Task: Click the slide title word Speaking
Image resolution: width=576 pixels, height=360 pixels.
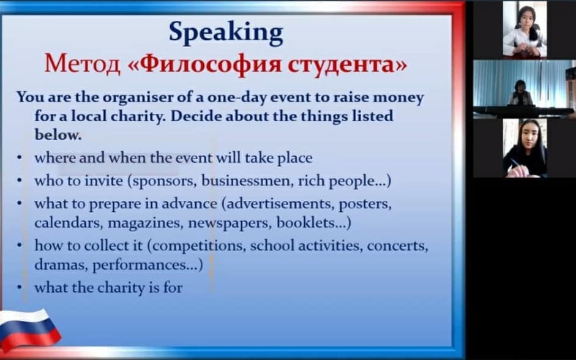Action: click(x=226, y=33)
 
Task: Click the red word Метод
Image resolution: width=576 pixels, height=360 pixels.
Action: click(x=82, y=64)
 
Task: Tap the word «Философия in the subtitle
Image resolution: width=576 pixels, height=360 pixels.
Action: click(x=204, y=64)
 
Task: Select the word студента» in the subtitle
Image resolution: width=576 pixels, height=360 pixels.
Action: click(x=347, y=64)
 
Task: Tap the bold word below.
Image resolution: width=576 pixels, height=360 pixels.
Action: click(x=58, y=135)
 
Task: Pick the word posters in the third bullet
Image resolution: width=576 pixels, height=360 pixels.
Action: click(x=365, y=204)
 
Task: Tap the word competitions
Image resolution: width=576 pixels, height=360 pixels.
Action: click(x=196, y=246)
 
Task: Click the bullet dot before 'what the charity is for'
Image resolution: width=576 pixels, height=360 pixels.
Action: click(x=19, y=287)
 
